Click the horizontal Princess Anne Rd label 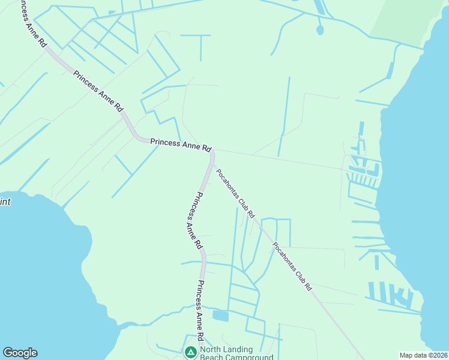181,145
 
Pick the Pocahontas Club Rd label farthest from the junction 292,266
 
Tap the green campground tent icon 191,352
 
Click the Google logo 20,353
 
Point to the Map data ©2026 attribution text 423,355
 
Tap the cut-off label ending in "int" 5,202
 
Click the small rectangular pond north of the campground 220,316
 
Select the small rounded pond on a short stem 320,29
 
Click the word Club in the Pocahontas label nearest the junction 243,202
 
